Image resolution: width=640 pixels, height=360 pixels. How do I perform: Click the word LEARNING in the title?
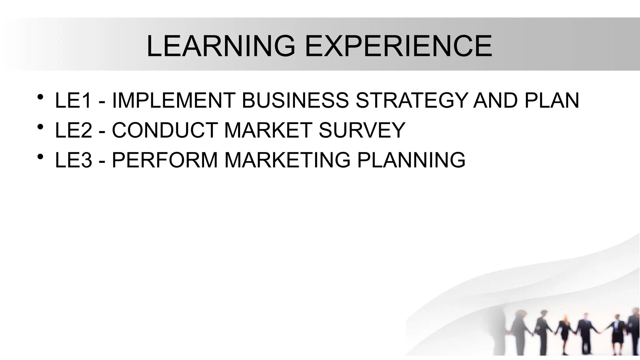(x=221, y=46)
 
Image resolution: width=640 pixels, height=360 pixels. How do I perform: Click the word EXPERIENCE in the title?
(x=398, y=46)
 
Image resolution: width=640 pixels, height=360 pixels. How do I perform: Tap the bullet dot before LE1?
(x=40, y=97)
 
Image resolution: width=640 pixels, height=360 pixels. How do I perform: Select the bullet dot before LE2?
(x=40, y=127)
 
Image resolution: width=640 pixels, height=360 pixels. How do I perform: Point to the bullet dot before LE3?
(x=40, y=157)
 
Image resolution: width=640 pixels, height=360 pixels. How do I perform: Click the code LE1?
(x=73, y=101)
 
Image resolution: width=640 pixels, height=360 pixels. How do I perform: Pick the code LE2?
(x=73, y=130)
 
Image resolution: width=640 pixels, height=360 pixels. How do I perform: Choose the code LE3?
(x=73, y=160)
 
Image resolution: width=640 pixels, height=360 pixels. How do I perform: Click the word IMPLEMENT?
(x=173, y=101)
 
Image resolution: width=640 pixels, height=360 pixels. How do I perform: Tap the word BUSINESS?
(x=295, y=101)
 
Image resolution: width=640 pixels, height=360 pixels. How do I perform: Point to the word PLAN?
(x=552, y=101)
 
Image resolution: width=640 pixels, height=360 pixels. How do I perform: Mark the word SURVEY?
(x=362, y=130)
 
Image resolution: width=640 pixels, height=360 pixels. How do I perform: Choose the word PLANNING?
(x=411, y=160)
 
